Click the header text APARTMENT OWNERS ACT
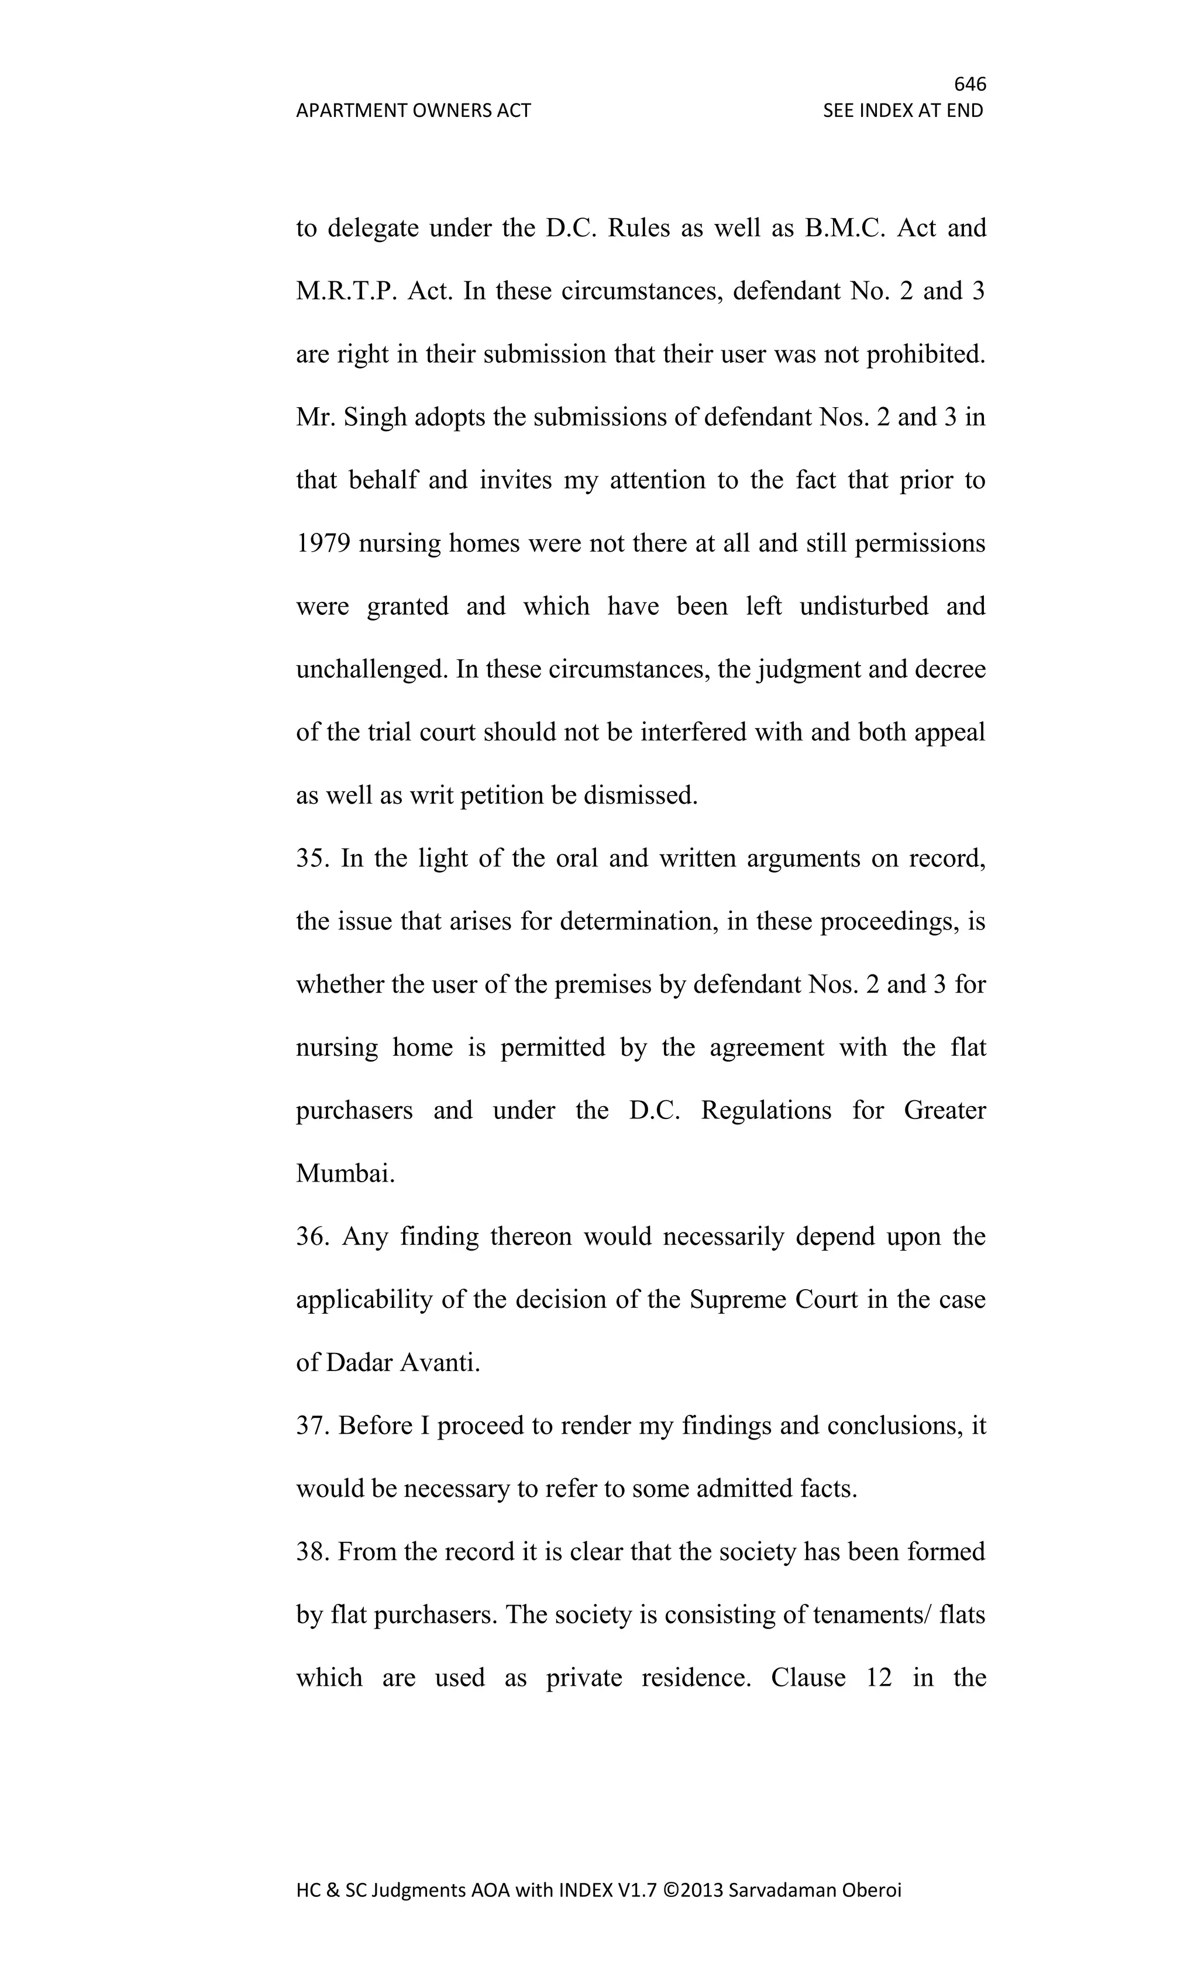pyautogui.click(x=413, y=111)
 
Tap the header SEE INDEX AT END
pyautogui.click(x=903, y=111)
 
